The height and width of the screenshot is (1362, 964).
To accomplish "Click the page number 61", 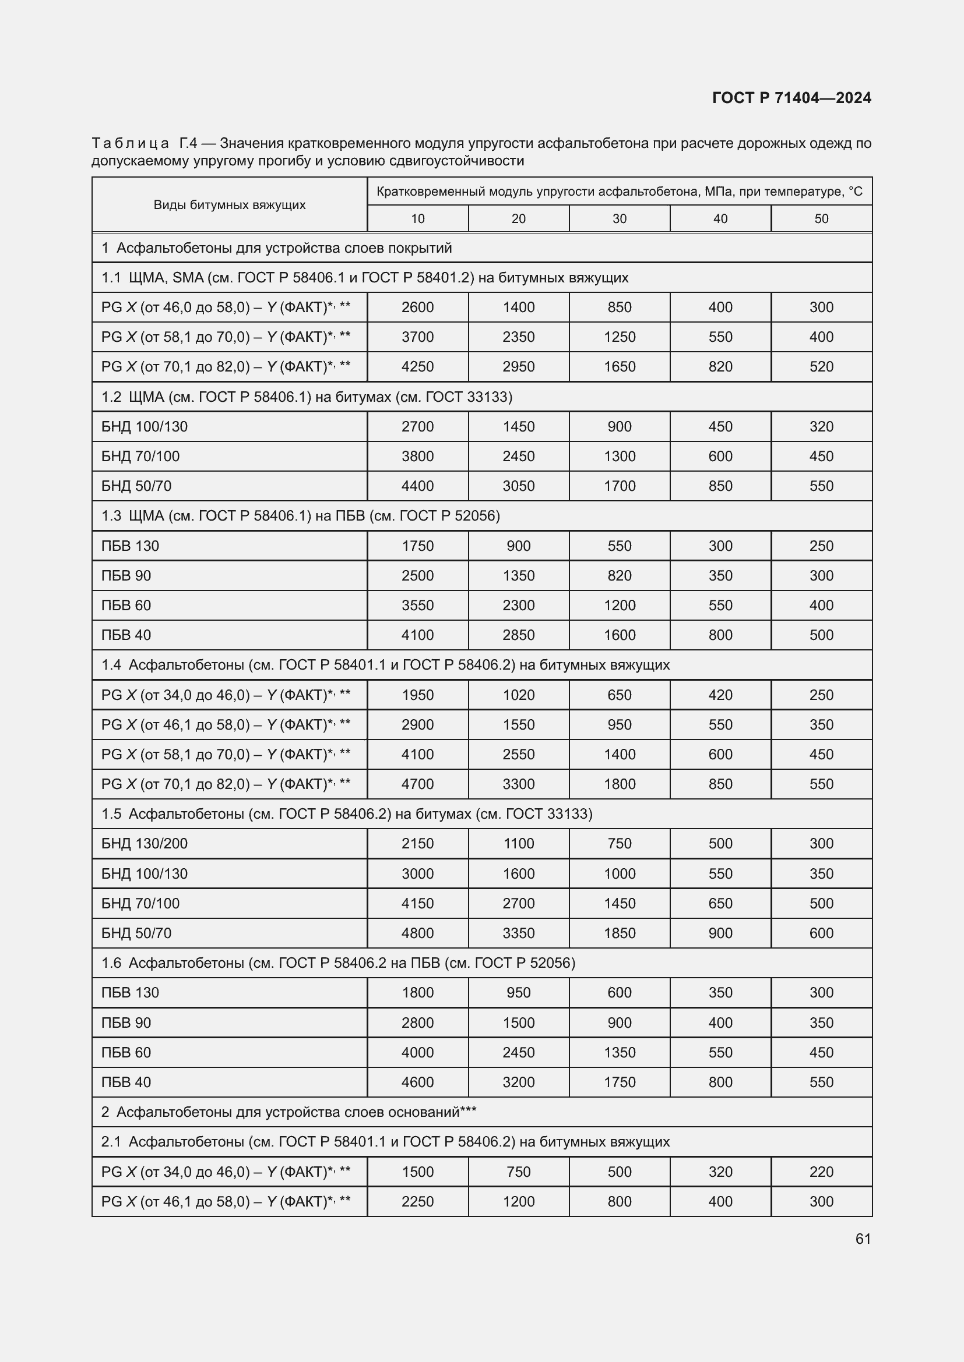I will click(x=863, y=1239).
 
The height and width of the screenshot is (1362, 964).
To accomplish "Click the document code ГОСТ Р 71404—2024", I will click(x=792, y=98).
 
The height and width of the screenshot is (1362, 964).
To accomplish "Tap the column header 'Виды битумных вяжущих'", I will click(x=229, y=204).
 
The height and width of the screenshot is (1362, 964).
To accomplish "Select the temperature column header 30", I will click(x=619, y=219).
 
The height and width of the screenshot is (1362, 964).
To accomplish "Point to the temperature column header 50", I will click(x=821, y=219).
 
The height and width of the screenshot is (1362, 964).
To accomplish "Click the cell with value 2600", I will click(x=417, y=307).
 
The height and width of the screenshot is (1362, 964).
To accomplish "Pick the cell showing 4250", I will click(x=417, y=367).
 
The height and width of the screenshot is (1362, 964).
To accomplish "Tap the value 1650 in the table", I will click(x=619, y=367).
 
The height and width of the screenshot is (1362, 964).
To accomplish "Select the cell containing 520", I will click(x=821, y=367).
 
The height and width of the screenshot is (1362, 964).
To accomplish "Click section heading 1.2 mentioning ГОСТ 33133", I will click(x=307, y=397).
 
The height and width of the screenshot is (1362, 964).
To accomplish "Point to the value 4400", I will click(x=417, y=486).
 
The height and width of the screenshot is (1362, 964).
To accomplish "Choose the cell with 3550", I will click(x=417, y=605).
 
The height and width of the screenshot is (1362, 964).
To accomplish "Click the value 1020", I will click(x=518, y=695).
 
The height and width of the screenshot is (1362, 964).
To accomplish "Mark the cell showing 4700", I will click(x=417, y=784).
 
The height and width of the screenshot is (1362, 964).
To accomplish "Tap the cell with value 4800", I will click(x=417, y=933).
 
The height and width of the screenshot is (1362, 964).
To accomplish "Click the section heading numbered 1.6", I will click(x=339, y=963).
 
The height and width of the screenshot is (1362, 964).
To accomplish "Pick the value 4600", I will click(x=417, y=1082).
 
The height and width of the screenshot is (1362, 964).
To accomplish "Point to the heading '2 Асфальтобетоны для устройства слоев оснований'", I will click(x=289, y=1112).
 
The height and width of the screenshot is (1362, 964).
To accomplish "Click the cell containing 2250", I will click(x=417, y=1201).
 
